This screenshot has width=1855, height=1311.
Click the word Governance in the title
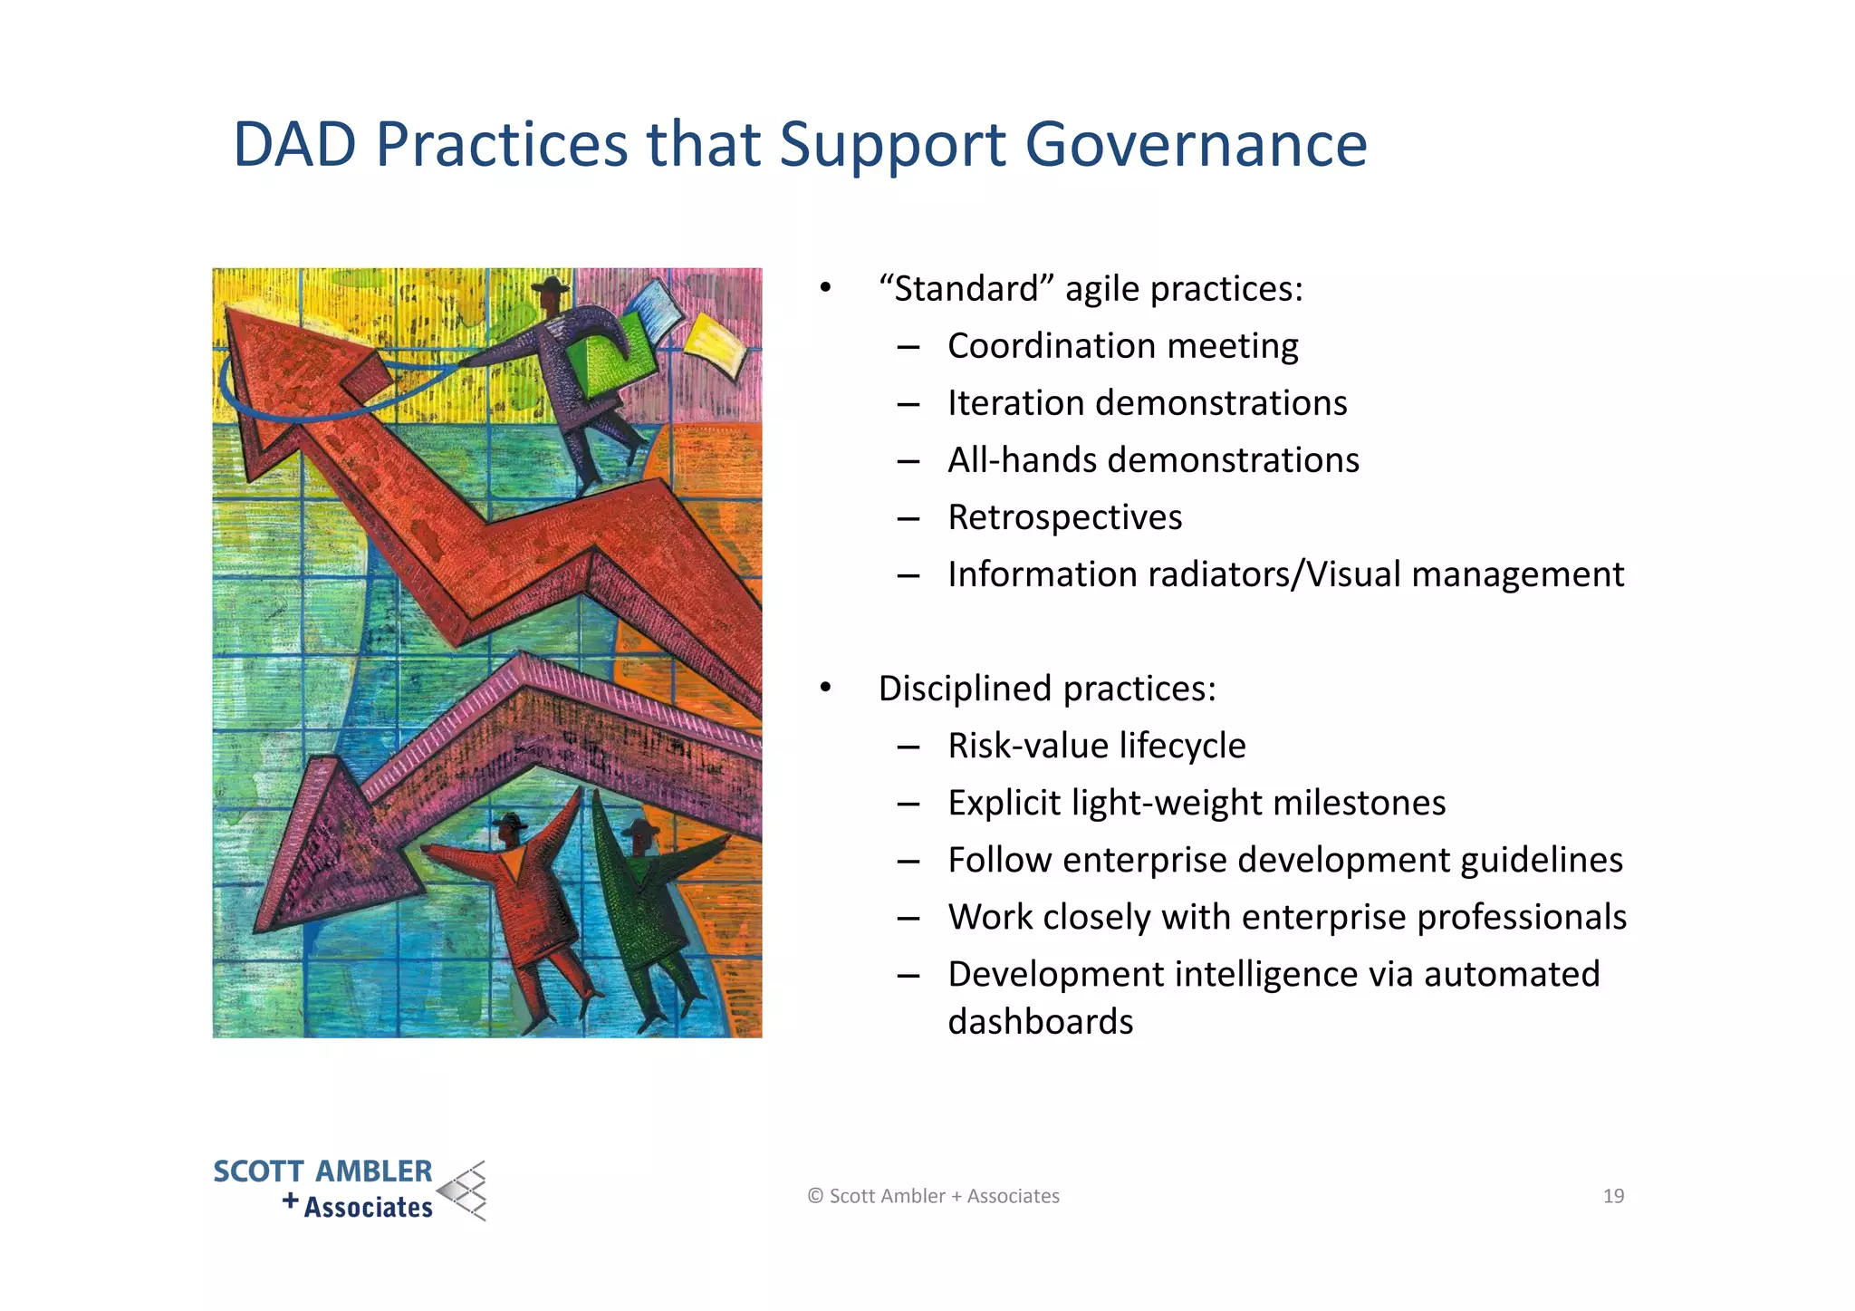click(1196, 145)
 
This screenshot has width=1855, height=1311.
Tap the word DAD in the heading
click(294, 145)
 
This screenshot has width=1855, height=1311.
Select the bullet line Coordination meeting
click(1122, 346)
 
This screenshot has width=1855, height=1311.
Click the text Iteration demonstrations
click(1147, 403)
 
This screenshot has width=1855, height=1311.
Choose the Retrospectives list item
click(1064, 517)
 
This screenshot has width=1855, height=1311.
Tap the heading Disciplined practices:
click(1046, 689)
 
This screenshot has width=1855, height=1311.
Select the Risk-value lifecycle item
click(1096, 746)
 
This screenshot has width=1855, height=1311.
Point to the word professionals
click(1522, 917)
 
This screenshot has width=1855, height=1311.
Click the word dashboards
click(1040, 1022)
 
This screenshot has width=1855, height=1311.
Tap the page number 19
click(1613, 1196)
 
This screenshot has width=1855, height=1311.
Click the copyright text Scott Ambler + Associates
click(934, 1196)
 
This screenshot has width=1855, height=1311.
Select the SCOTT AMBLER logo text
click(322, 1171)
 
